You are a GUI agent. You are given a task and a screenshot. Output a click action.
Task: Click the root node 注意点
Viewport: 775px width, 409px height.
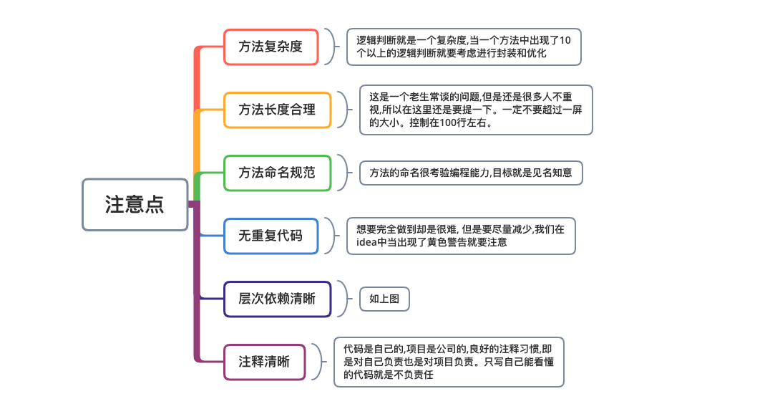[x=135, y=204]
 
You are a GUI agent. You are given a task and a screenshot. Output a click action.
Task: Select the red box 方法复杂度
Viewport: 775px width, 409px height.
[x=270, y=47]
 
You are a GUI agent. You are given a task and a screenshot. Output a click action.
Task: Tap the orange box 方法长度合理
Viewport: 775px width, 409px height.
[x=277, y=110]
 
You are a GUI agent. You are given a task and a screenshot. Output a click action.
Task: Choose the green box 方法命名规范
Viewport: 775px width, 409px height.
[x=277, y=173]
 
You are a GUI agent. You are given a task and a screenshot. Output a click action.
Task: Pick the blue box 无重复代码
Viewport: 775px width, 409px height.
[x=270, y=236]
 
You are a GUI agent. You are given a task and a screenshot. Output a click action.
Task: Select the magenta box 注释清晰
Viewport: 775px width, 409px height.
[x=264, y=362]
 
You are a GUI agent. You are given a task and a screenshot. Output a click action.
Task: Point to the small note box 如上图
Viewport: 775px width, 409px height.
[x=384, y=299]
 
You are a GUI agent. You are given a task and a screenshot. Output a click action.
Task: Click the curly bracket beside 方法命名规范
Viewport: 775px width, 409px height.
[x=345, y=173]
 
